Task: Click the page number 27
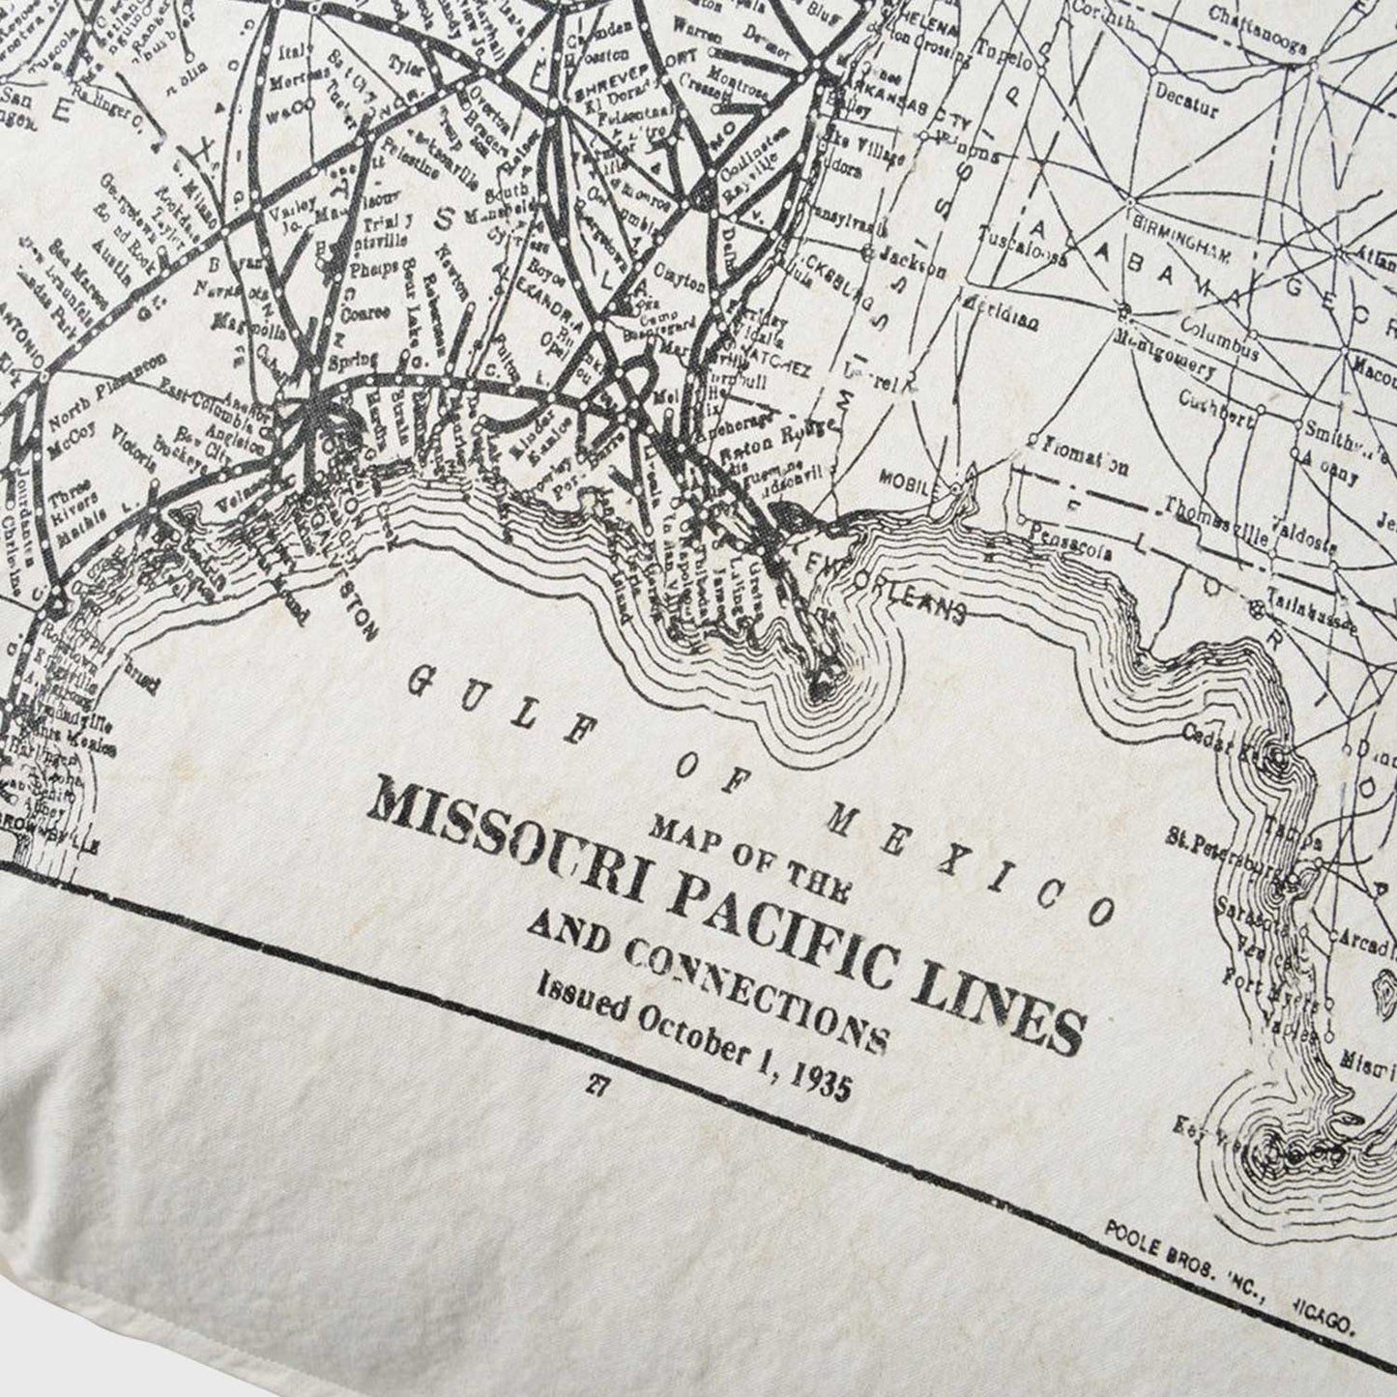[x=596, y=1086]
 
